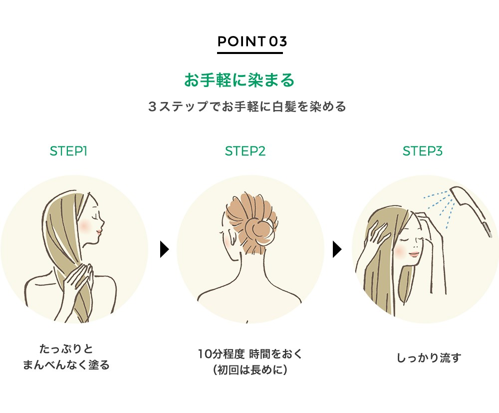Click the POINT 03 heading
[252, 41]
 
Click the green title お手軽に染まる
[240, 79]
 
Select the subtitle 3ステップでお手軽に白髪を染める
[247, 106]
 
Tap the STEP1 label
[68, 151]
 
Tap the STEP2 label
[245, 151]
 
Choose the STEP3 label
[422, 151]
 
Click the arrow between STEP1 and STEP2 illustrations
[164, 249]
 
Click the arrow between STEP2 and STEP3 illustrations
[337, 249]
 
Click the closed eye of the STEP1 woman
[94, 217]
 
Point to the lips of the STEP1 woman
[99, 232]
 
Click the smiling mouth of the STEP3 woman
[414, 254]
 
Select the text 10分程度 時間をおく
[250, 353]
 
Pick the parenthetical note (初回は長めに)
[250, 370]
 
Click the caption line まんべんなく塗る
[66, 365]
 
